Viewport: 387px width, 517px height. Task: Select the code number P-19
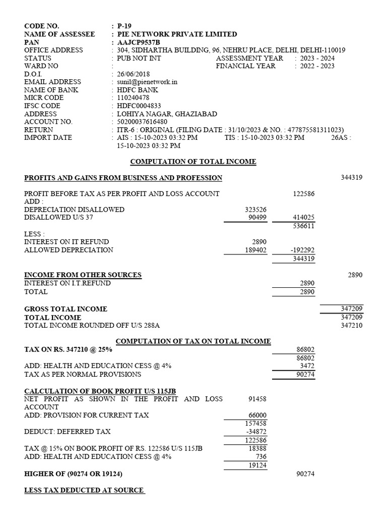tap(124, 26)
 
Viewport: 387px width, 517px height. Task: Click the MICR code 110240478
tap(133, 98)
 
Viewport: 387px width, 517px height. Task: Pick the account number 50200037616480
tap(142, 122)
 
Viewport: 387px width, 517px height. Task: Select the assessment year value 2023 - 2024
tap(317, 58)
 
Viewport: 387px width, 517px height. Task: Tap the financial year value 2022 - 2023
tap(317, 66)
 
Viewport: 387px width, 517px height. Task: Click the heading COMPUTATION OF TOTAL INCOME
tap(193, 162)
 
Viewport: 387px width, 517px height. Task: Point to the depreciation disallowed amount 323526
tap(255, 210)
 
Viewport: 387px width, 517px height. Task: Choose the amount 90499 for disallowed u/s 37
tap(257, 218)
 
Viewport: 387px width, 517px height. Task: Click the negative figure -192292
tap(302, 250)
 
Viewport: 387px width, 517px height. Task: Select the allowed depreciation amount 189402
tap(255, 250)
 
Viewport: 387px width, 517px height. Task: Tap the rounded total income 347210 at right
tap(352, 326)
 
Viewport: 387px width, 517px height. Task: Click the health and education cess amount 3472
tap(306, 366)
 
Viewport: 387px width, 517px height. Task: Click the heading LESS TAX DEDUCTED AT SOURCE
tap(84, 490)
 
